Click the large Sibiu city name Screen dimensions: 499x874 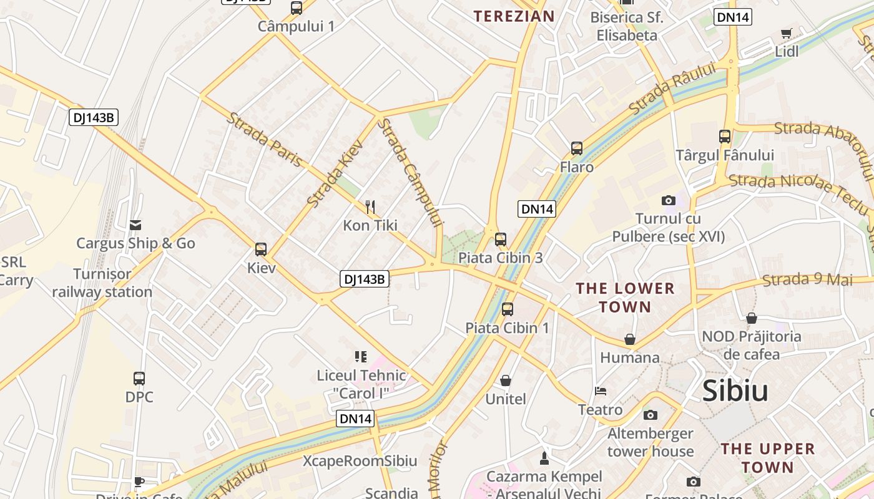[x=735, y=390]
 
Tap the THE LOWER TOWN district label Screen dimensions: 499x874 [x=625, y=298]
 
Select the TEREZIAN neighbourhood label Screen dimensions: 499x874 [x=514, y=16]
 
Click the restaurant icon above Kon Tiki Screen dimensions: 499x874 [x=370, y=206]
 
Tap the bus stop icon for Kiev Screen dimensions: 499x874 [x=261, y=249]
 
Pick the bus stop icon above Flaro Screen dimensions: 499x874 [x=577, y=148]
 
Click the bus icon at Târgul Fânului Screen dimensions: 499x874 [x=725, y=136]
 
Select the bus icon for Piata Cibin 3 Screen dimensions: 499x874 [x=500, y=239]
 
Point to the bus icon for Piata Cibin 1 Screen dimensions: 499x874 [x=508, y=309]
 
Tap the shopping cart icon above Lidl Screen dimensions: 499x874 [x=786, y=33]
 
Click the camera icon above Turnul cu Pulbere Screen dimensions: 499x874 [x=669, y=200]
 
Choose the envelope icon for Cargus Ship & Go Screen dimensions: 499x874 [x=135, y=225]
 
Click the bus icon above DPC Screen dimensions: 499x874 [x=139, y=378]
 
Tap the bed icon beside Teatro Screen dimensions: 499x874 [x=601, y=391]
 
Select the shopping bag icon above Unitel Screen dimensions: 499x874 [x=506, y=380]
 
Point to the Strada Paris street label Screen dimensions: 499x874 [x=265, y=140]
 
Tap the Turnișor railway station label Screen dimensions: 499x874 [x=102, y=283]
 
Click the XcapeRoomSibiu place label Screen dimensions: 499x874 [x=360, y=461]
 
